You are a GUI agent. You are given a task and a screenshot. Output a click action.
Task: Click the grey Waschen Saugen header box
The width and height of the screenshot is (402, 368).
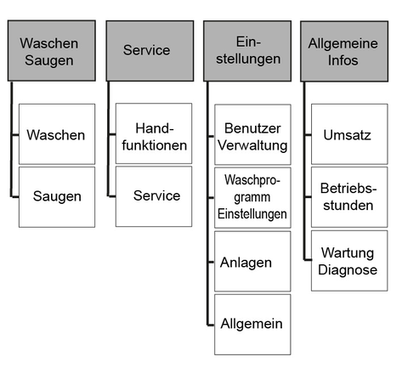pos(52,51)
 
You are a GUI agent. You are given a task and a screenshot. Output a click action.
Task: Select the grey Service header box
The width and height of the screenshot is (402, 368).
pos(150,51)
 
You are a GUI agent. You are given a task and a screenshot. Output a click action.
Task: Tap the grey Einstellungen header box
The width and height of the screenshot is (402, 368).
pos(247,51)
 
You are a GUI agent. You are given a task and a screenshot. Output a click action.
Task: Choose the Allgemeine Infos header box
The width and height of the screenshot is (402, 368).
pos(344,51)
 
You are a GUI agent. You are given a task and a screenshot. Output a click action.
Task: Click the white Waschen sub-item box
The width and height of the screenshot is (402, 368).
pos(57,134)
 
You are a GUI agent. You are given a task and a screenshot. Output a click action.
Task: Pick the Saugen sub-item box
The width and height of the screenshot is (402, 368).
pos(57,197)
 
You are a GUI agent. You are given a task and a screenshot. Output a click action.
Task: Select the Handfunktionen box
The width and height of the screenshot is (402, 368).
pos(154,133)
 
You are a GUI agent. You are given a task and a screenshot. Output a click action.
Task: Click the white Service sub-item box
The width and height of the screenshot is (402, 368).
pos(154,196)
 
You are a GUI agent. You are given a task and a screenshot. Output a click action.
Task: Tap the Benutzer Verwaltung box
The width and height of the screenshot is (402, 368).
pos(252,134)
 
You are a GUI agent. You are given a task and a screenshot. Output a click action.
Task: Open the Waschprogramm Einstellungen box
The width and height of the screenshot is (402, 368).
pos(252,198)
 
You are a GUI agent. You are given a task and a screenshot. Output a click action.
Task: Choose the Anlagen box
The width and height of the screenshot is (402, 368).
pos(252,261)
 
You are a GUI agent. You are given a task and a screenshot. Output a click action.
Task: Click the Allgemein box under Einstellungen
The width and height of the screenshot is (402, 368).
pos(252,325)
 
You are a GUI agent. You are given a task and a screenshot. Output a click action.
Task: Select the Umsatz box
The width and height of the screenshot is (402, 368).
pos(349,134)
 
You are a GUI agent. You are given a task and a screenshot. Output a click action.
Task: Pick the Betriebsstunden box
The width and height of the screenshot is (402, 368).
pos(349,197)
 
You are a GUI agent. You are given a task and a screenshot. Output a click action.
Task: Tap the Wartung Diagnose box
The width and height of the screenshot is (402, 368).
pos(349,261)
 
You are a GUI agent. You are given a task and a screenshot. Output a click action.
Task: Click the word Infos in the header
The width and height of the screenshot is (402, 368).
pos(343,60)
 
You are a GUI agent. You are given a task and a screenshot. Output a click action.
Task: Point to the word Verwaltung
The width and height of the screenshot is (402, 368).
pos(252,145)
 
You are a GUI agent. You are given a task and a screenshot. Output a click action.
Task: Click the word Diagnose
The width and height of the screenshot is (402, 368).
pos(348,269)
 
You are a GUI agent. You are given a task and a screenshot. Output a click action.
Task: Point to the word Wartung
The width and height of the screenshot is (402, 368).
pos(348,253)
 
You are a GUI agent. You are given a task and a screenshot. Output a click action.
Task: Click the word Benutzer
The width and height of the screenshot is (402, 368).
pos(252,128)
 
